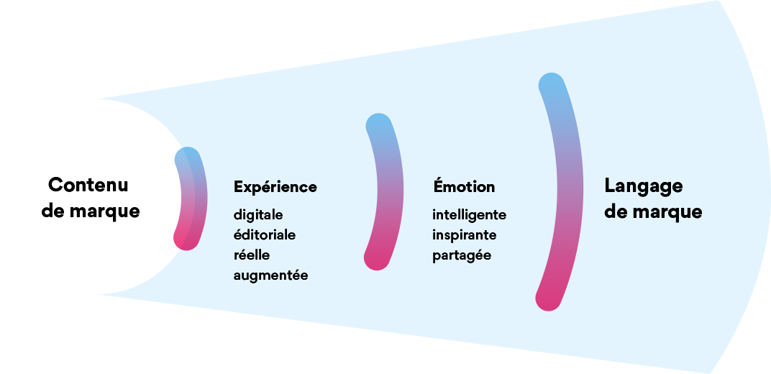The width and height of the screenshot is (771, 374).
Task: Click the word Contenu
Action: click(x=88, y=185)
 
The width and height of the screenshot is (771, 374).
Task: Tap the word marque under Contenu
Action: click(x=105, y=212)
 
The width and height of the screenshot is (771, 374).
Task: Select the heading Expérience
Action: click(x=275, y=187)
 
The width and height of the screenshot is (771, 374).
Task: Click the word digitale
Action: click(x=258, y=215)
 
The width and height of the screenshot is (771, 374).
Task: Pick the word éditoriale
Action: click(x=265, y=235)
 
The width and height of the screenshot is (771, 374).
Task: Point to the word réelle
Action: click(x=252, y=255)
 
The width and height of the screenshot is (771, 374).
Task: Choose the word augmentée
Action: click(x=270, y=275)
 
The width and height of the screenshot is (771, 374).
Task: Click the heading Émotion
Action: click(x=464, y=187)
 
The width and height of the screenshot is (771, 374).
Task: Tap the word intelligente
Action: click(x=469, y=215)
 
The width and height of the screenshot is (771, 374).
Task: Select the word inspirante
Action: click(x=464, y=235)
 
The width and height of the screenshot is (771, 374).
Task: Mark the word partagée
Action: click(x=462, y=255)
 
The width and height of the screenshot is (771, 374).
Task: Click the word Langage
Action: click(x=643, y=186)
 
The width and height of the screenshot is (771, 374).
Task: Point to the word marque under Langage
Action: click(x=667, y=212)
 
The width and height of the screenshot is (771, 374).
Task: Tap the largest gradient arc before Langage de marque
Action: click(x=571, y=191)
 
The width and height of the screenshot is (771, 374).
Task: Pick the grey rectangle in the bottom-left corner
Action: click(x=47, y=334)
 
